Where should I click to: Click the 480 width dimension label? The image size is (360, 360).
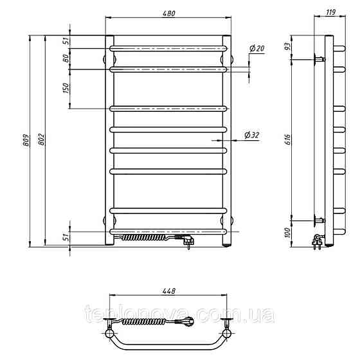(168, 14)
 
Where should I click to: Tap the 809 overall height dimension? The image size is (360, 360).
(26, 140)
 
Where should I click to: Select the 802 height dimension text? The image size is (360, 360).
(42, 139)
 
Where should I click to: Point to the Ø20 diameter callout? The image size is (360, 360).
(257, 48)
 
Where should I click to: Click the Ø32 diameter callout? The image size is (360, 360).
(252, 135)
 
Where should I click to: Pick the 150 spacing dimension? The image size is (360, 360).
(66, 88)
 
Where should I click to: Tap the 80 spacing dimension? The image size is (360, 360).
(66, 59)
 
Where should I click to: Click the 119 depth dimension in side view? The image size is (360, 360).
(330, 12)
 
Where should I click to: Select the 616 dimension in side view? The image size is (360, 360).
(288, 139)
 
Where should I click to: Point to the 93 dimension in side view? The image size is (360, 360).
(288, 46)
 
